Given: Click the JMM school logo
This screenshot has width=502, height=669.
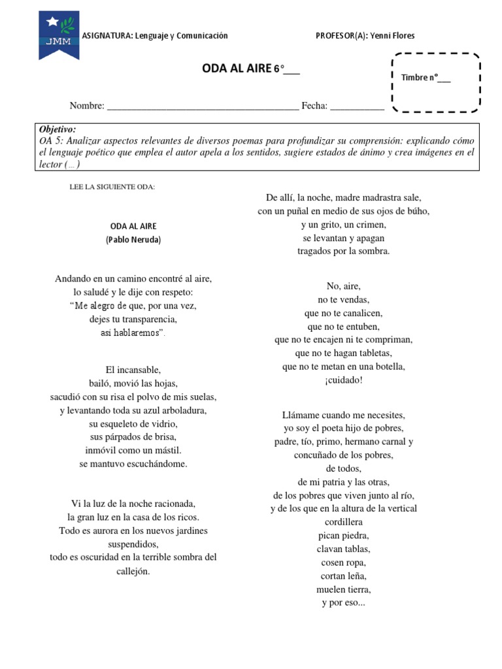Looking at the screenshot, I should coord(59,37).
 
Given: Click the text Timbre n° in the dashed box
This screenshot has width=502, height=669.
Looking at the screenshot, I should coord(426,78).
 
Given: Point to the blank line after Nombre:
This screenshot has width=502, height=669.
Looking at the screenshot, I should coord(202,106).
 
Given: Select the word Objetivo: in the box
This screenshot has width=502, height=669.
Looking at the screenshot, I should coord(58,129).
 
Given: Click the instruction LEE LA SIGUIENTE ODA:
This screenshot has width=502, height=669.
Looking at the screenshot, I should coord(112,187).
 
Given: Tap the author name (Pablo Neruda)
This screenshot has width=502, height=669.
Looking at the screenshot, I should coord(133,240).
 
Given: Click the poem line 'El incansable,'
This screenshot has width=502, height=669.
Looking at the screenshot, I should coord(133,369).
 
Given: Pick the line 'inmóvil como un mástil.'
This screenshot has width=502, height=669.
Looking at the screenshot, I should coord(133,450).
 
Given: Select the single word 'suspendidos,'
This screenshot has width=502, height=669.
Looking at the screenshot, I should coord(133,544).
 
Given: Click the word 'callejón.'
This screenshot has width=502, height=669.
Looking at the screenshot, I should coord(133,571).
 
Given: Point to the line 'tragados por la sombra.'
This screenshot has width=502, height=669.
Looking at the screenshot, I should coord(343,251).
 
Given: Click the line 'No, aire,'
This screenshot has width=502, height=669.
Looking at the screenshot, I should coord(343,286).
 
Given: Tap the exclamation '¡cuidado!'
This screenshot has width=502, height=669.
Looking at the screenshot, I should coord(343,380).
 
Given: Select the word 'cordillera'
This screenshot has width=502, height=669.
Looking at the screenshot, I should coord(343,522).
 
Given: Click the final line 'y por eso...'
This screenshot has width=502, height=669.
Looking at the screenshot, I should coord(343,603).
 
